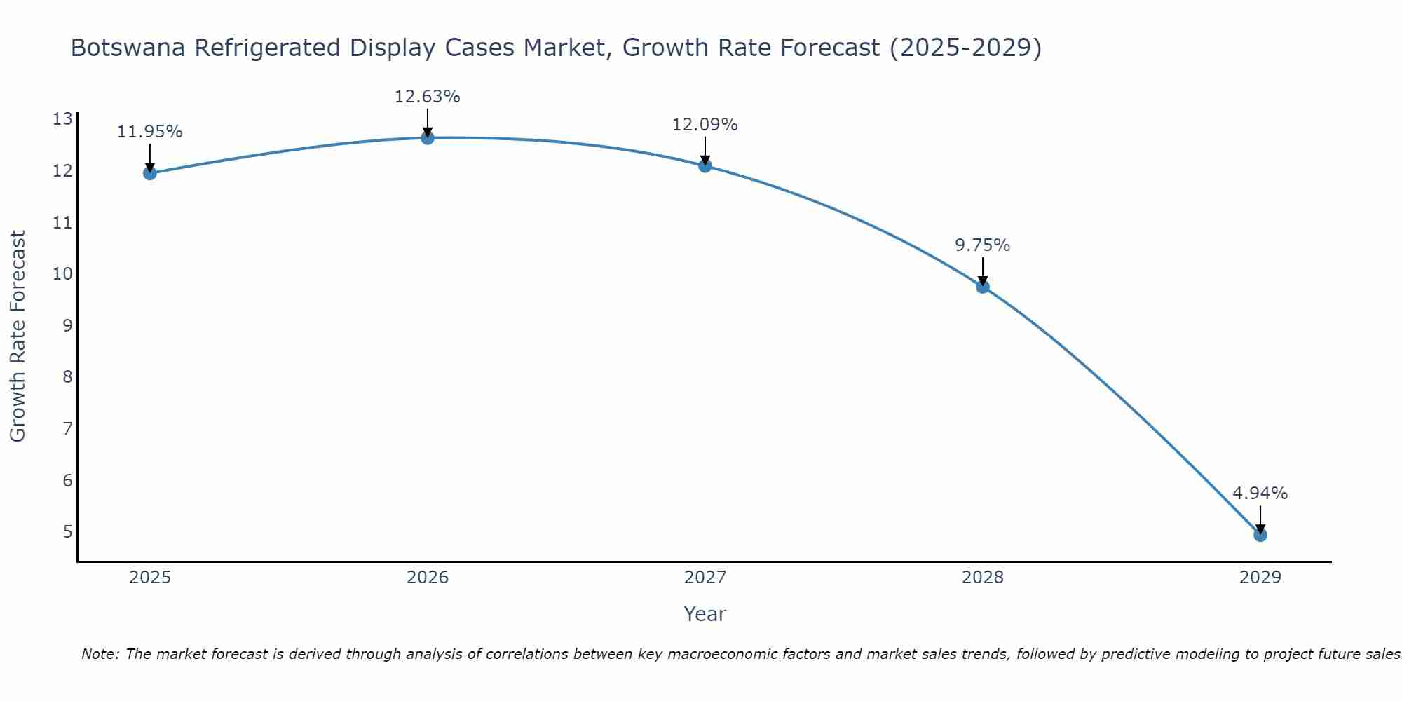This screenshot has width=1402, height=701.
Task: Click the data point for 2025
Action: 149,173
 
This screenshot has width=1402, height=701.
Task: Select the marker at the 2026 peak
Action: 427,137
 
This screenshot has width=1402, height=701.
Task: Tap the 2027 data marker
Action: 705,165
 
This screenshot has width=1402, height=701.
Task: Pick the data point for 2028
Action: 982,286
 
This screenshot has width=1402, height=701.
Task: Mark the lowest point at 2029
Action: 1260,535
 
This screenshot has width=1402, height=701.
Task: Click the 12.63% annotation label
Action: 427,97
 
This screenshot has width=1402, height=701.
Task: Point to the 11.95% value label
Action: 149,132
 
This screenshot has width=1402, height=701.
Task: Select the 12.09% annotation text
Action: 705,125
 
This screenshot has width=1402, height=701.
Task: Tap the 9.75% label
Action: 982,245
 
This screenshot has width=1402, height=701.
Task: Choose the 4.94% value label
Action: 1260,494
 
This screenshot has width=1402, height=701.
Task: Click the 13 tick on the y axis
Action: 62,119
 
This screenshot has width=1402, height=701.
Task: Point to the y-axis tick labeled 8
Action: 67,377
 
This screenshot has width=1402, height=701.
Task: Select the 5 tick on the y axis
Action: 67,532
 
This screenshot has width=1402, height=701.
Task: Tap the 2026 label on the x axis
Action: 428,578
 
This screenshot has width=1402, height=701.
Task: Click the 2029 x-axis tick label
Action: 1260,578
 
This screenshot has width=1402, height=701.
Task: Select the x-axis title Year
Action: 705,614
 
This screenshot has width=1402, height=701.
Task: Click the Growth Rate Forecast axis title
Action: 18,336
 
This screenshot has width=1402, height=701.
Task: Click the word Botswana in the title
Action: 128,48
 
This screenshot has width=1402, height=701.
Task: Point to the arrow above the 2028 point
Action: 982,270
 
